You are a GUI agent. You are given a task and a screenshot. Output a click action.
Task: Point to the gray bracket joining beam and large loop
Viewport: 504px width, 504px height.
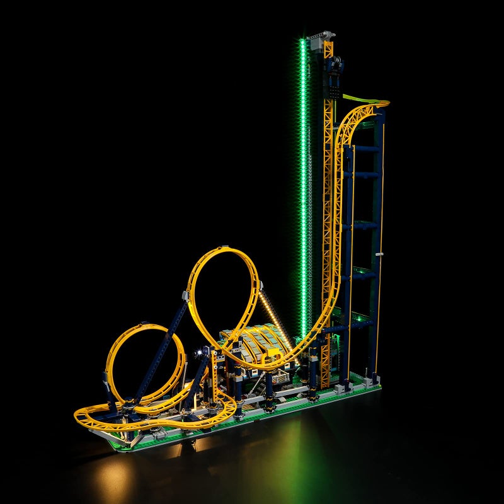185,295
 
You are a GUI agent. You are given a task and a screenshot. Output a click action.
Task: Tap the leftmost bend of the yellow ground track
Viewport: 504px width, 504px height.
78,415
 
